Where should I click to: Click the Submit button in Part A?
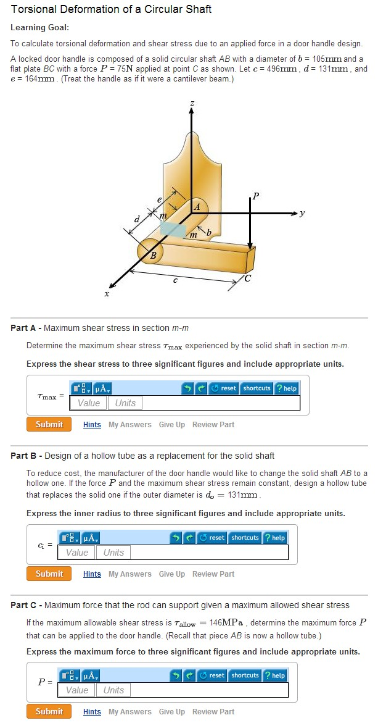tap(49, 425)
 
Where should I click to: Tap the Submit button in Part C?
tap(49, 712)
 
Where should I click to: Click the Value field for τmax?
tap(89, 403)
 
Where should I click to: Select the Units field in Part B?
tap(113, 553)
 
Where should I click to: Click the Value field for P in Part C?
tap(77, 690)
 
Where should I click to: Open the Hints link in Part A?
tap(92, 425)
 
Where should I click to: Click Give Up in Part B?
tap(171, 574)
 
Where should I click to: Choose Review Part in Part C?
tap(213, 712)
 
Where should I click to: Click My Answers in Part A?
tap(129, 425)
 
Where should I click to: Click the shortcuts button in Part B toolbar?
tap(245, 538)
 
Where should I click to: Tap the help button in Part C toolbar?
tap(276, 675)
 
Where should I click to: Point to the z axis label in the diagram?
tap(192, 103)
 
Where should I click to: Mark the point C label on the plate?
tap(247, 277)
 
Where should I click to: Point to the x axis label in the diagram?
tap(106, 295)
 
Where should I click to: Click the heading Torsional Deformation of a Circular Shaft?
tap(111, 9)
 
